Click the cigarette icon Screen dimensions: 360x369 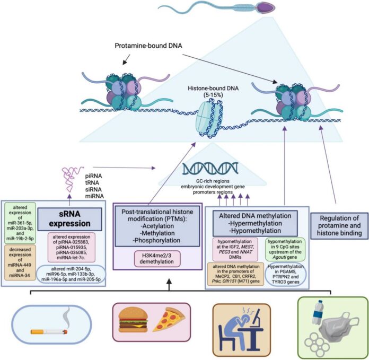pyautogui.click(x=49, y=331)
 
